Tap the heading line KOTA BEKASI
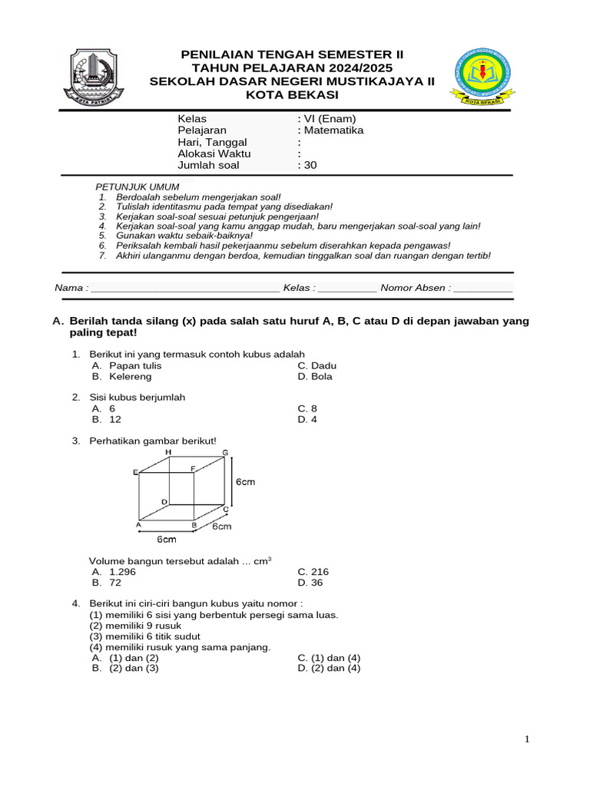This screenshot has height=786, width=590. point(291,94)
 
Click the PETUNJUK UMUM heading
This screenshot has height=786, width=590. point(138,187)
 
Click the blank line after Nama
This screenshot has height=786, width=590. point(184,289)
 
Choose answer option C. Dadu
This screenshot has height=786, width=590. point(317,366)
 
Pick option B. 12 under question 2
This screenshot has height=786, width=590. point(107,420)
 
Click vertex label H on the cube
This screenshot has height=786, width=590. point(168,453)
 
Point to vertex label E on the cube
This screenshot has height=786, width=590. point(135,472)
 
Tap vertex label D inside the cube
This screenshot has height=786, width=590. point(164,502)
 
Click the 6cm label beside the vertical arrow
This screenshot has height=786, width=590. point(245,481)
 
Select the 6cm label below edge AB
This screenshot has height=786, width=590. point(167,540)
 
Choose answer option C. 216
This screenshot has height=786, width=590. point(313,572)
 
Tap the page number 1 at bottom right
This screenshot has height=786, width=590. point(528,739)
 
